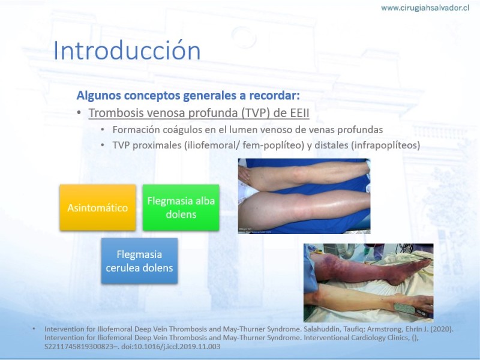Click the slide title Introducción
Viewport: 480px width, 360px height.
[127, 50]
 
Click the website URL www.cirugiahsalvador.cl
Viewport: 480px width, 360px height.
[425, 8]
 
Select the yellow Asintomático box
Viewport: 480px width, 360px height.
[98, 208]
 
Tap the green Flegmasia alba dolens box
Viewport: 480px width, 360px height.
[181, 208]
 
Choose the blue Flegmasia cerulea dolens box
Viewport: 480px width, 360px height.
[139, 261]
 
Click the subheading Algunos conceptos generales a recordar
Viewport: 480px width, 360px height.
[188, 95]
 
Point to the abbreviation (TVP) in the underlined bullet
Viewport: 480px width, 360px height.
[256, 113]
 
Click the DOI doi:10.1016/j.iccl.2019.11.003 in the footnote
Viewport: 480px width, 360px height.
[170, 347]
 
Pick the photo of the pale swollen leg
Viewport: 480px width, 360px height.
[304, 196]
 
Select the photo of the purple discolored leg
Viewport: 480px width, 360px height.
[368, 283]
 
